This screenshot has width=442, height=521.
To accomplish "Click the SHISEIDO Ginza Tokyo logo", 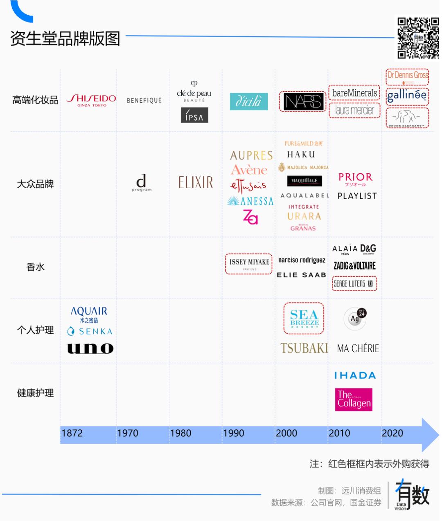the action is click(x=91, y=100).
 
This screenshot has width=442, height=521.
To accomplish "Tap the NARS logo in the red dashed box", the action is click(x=303, y=101).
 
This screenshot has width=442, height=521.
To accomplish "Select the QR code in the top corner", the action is click(x=418, y=38).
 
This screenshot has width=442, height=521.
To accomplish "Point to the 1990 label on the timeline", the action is click(x=233, y=433).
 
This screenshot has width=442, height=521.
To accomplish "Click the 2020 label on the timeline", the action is click(x=392, y=433).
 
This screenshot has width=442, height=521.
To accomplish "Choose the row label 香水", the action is click(x=35, y=267).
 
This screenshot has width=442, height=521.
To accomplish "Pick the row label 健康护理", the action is click(x=35, y=393).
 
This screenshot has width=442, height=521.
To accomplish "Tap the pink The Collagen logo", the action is click(x=354, y=400).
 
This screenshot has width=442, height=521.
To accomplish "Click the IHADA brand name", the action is click(x=355, y=375).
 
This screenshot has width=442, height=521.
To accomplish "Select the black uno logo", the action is click(x=90, y=348).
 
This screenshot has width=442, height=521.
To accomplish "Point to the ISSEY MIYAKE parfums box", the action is click(x=249, y=264).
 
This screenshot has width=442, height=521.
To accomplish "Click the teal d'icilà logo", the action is click(x=249, y=101).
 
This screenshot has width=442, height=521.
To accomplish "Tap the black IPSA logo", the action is click(x=194, y=115).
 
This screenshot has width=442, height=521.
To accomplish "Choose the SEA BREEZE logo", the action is click(x=304, y=319).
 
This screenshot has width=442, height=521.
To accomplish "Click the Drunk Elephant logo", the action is click(x=407, y=118).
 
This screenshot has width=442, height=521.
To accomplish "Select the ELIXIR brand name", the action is click(x=196, y=182).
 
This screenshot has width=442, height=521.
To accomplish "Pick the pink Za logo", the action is click(x=250, y=217).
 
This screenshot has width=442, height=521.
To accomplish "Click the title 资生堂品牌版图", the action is click(x=65, y=38).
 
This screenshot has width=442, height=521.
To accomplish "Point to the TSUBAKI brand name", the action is click(x=304, y=348).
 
